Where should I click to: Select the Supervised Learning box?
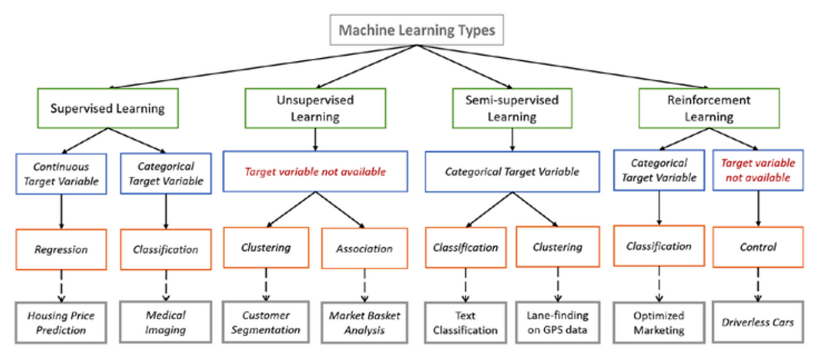(x=107, y=108)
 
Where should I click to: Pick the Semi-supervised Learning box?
(x=511, y=108)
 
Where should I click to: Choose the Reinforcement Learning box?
(x=709, y=108)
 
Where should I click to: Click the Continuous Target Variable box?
(x=62, y=174)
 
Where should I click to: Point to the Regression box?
(x=61, y=249)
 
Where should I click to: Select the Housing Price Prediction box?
(x=61, y=322)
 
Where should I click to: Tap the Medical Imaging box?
(x=166, y=322)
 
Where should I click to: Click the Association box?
(x=364, y=249)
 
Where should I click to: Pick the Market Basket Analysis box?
(x=364, y=322)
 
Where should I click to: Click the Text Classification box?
(x=465, y=322)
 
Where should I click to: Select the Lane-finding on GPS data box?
(x=557, y=322)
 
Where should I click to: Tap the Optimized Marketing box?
(x=659, y=323)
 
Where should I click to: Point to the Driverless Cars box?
(x=758, y=322)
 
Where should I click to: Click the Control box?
(x=758, y=247)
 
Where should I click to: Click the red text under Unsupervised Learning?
(x=315, y=172)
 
